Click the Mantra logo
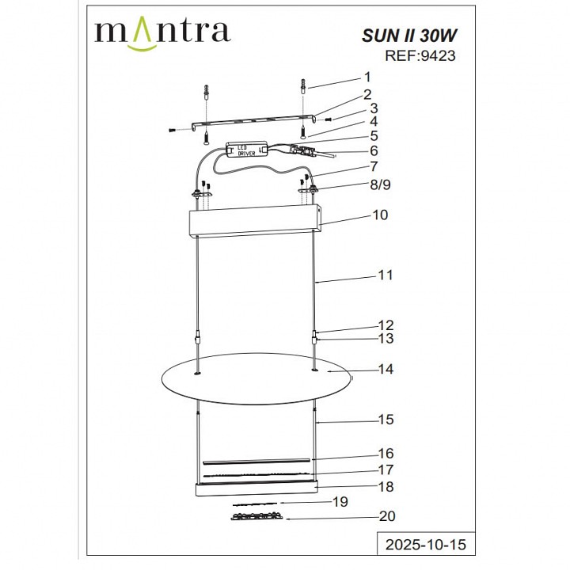[x=162, y=32]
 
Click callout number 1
[x=367, y=77]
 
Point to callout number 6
[x=374, y=150]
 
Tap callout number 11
[x=386, y=275]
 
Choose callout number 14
[x=386, y=369]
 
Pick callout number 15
[x=386, y=420]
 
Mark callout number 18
[x=386, y=487]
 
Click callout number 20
[x=387, y=516]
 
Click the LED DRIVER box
[x=247, y=150]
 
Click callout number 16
[x=386, y=454]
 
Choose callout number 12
[x=386, y=325]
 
